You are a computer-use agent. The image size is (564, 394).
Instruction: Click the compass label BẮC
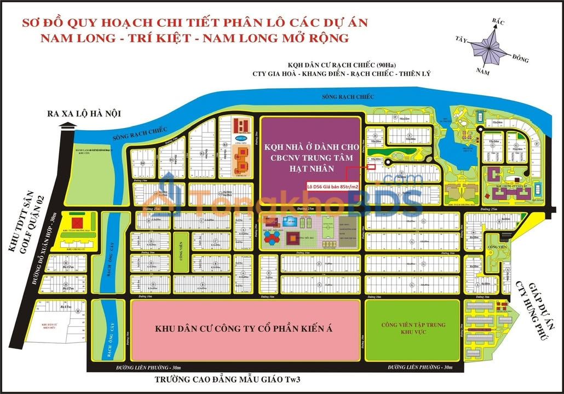497,21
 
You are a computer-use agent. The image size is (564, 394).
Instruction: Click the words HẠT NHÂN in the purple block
310,170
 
